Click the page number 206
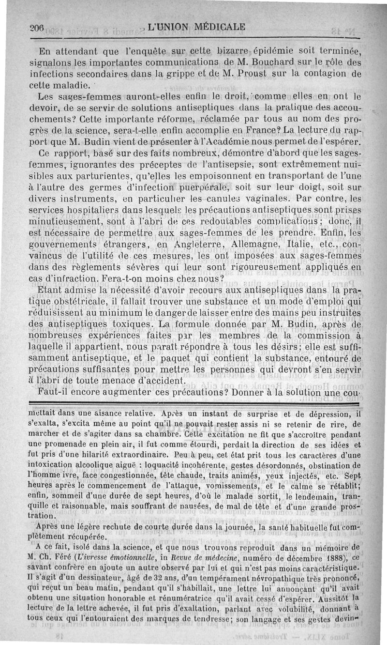pos(36,28)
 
